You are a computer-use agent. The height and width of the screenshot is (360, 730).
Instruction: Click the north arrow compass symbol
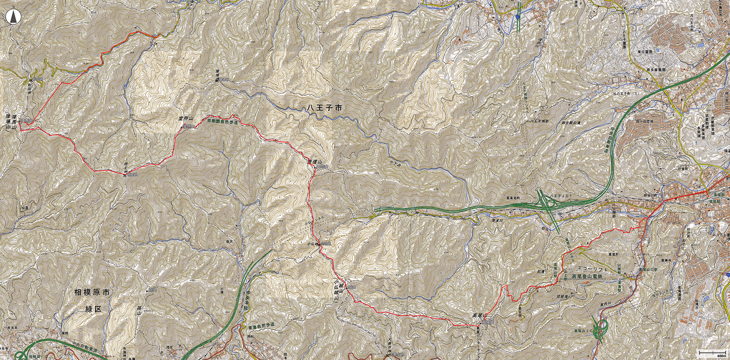click(14, 18)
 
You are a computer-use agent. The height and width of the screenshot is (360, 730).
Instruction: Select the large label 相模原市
click(92, 293)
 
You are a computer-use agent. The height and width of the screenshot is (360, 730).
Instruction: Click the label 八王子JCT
click(559, 194)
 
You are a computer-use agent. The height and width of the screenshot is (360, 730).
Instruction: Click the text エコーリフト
click(593, 269)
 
